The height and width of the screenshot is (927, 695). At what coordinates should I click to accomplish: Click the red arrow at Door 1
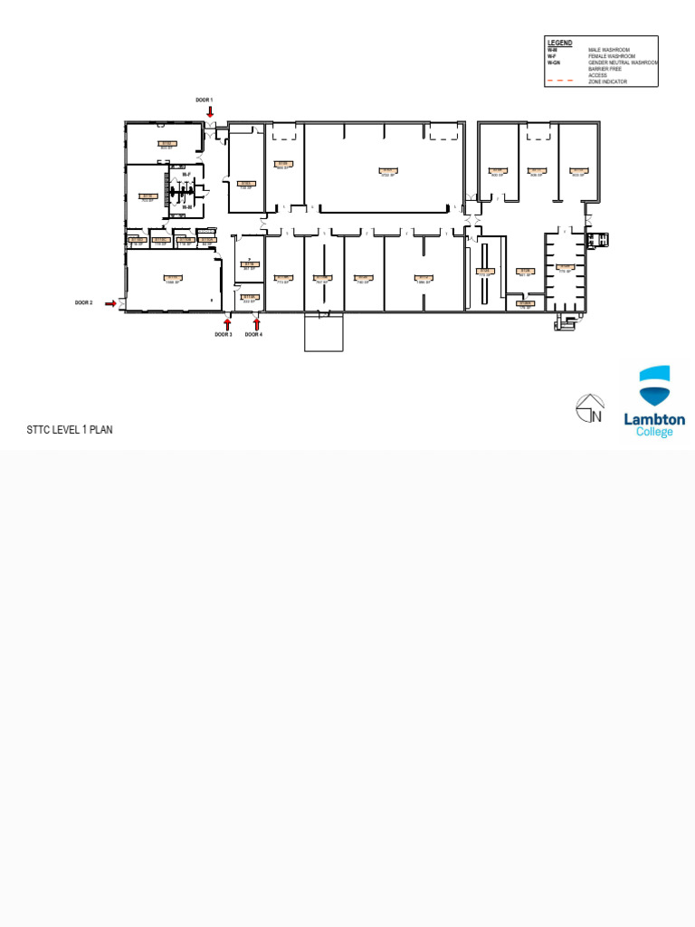[x=210, y=112]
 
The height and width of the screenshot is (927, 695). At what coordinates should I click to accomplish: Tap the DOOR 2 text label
[x=84, y=303]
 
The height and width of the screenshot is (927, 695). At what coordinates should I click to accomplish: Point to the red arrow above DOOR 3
[x=227, y=324]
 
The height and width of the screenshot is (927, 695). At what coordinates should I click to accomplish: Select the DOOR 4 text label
[x=253, y=335]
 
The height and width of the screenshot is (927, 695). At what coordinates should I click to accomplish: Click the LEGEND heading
[x=559, y=43]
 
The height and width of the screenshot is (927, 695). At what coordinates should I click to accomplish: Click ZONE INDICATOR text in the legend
[x=608, y=81]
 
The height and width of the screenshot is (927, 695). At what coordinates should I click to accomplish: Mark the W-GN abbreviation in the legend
[x=554, y=62]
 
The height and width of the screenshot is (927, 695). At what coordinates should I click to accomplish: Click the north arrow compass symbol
[x=590, y=409]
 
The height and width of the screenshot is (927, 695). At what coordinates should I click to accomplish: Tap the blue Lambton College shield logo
[x=655, y=386]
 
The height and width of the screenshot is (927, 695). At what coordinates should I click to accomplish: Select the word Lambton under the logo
[x=654, y=420]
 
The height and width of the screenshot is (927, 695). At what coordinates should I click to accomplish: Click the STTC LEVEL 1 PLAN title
[x=70, y=430]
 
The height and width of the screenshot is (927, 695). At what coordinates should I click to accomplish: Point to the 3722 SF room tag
[x=387, y=171]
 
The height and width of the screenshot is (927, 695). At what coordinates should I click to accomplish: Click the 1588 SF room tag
[x=171, y=280]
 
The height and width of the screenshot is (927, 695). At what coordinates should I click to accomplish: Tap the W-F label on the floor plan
[x=187, y=174]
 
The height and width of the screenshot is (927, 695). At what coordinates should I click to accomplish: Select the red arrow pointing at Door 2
[x=110, y=304]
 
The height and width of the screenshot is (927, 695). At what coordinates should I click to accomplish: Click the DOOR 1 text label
[x=205, y=100]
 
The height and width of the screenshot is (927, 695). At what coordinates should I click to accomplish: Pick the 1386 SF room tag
[x=423, y=280]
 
